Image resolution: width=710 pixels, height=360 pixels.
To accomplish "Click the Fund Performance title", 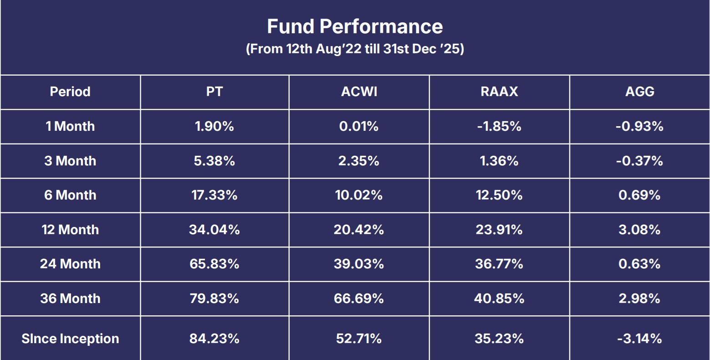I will (x=355, y=26).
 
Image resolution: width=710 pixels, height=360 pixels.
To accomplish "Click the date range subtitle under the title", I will (x=355, y=49).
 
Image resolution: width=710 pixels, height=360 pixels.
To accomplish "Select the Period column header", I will (x=70, y=92).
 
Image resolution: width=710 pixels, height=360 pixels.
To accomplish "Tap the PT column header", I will (x=215, y=92).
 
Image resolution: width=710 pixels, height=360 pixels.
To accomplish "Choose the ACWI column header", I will (x=359, y=92).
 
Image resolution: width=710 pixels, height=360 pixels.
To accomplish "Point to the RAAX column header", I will (x=499, y=92).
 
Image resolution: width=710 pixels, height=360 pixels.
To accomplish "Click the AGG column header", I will (x=639, y=92).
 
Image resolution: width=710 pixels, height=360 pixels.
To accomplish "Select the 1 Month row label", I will (x=70, y=126).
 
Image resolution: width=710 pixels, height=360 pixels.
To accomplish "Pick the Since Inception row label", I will (x=70, y=339).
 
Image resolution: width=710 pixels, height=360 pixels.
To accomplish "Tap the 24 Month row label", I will (x=70, y=264).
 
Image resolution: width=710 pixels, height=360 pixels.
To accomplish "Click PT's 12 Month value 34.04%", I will (x=215, y=230).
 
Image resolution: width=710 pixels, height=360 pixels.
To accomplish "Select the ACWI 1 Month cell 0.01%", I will (x=359, y=126).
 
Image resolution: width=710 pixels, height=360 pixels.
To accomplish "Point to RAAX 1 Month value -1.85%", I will (x=499, y=126).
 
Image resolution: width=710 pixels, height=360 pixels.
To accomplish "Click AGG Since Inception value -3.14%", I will (x=639, y=339).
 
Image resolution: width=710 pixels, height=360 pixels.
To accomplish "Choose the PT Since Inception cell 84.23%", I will (x=215, y=339).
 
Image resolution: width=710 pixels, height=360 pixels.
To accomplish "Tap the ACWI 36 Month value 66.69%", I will (x=359, y=298).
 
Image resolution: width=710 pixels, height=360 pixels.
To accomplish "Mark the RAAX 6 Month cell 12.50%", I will (x=499, y=195).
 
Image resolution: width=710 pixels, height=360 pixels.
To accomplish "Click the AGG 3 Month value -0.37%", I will (x=639, y=161).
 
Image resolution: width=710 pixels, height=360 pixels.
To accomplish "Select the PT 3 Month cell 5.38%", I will (x=215, y=161).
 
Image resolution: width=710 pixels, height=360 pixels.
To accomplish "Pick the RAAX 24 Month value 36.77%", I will (x=499, y=264).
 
